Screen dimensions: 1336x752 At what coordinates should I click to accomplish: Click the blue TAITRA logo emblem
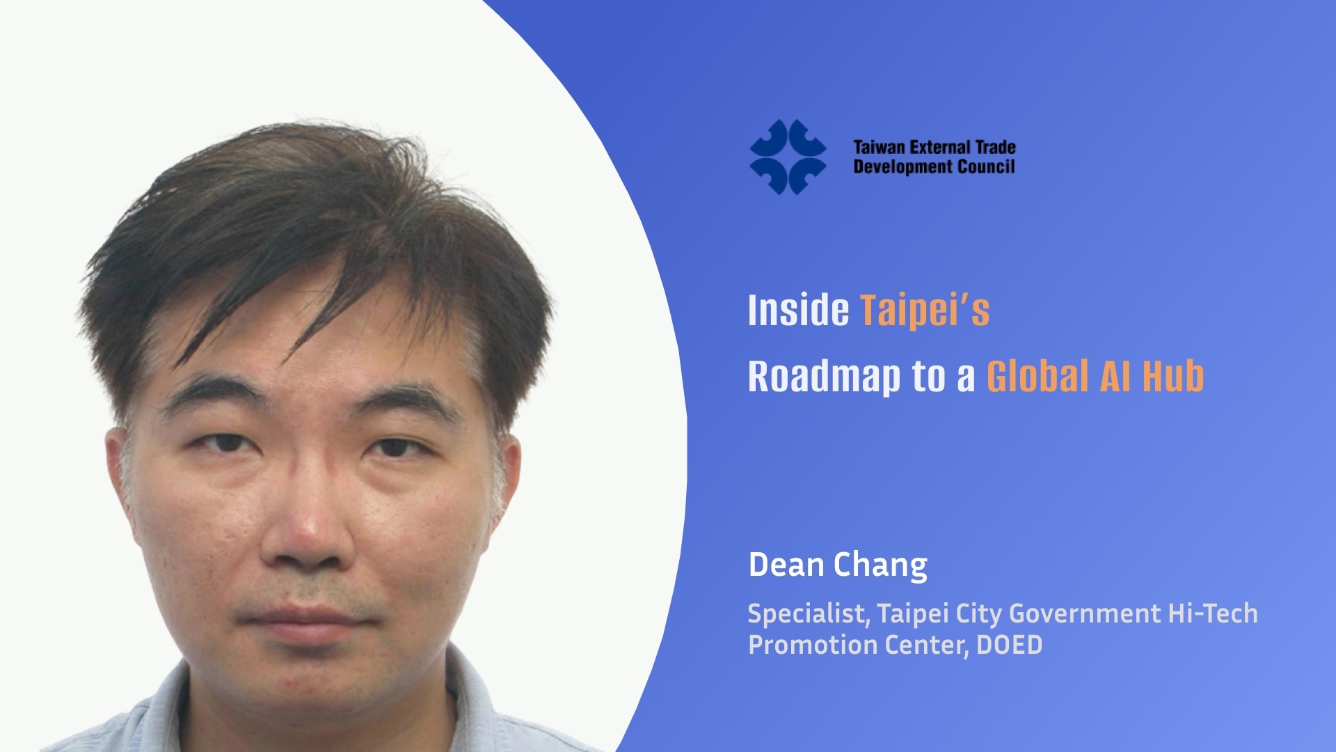[788, 157]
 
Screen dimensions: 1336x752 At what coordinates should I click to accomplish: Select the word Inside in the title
[798, 310]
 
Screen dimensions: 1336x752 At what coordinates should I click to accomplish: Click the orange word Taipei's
[925, 311]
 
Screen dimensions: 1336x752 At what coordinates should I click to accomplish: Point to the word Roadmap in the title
[824, 377]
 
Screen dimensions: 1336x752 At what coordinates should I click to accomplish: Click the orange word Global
[1037, 377]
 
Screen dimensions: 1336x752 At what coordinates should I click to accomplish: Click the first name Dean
[786, 565]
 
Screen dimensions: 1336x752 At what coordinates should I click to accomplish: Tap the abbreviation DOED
[1009, 645]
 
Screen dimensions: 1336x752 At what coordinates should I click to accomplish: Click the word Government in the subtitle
[1085, 613]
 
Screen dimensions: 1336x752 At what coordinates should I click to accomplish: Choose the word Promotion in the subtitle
[812, 645]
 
